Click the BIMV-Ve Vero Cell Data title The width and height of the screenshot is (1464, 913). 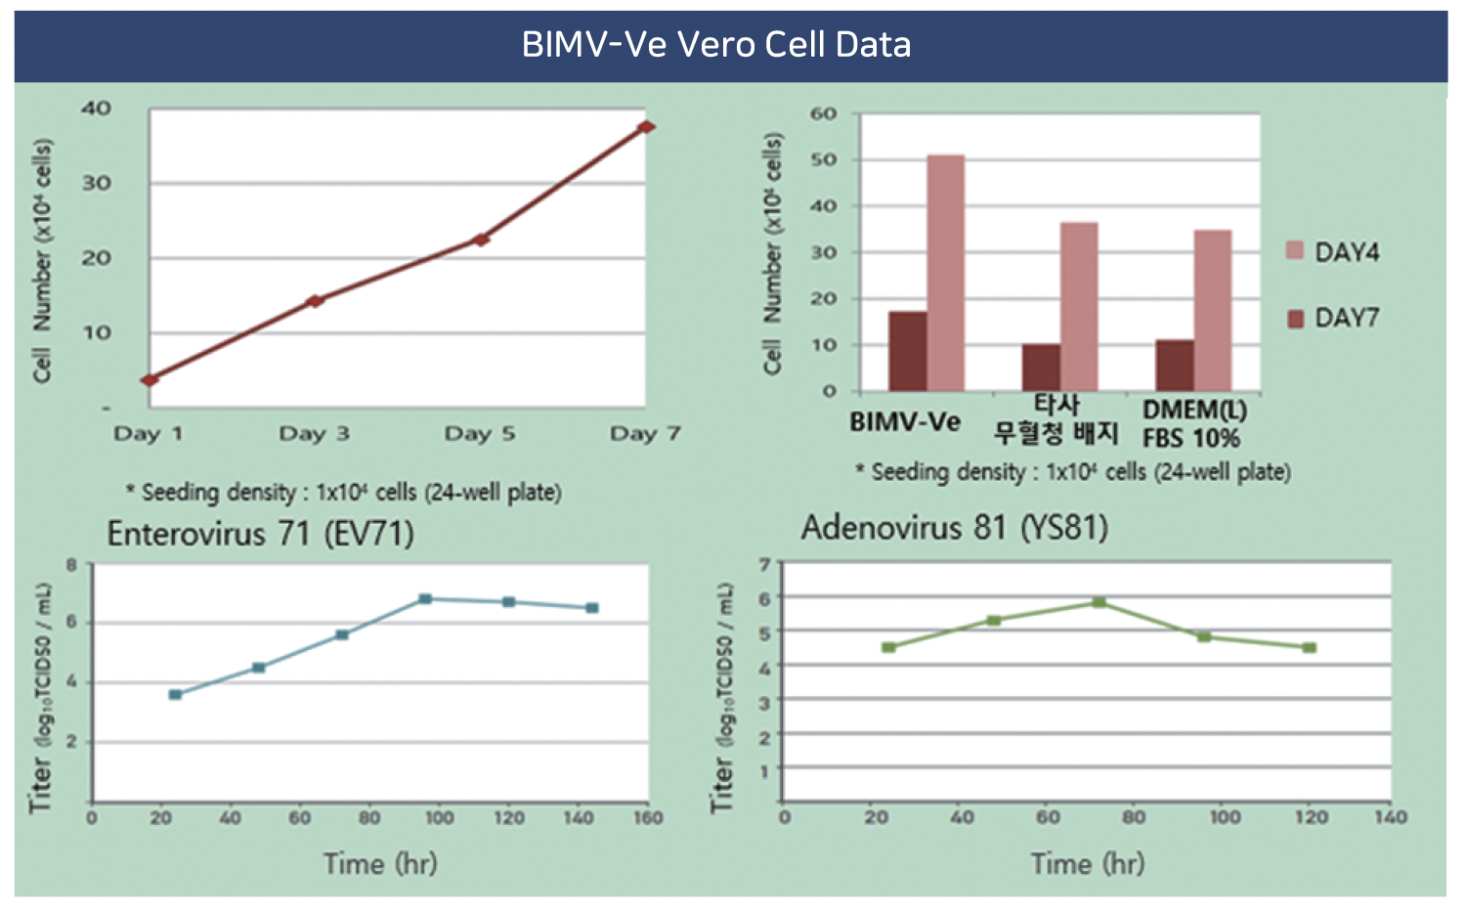[x=716, y=45]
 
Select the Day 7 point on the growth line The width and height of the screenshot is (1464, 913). [x=646, y=127]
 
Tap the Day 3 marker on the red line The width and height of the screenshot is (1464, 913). [x=315, y=301]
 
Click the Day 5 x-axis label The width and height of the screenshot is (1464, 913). [x=479, y=433]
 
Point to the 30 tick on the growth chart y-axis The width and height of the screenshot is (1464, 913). [x=96, y=183]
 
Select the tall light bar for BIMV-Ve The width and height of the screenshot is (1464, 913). [x=945, y=273]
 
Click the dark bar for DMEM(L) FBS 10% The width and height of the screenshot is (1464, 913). [x=1174, y=366]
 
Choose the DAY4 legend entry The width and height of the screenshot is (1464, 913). [x=1333, y=252]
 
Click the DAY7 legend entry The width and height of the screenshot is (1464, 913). [x=1333, y=318]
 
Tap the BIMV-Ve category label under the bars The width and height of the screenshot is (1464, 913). [x=905, y=422]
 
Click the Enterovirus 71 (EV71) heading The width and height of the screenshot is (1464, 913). [x=260, y=534]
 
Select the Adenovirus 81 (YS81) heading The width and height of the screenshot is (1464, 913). [x=954, y=528]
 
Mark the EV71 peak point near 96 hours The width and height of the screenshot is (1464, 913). [x=425, y=599]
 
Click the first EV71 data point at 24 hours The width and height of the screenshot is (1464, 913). [x=175, y=695]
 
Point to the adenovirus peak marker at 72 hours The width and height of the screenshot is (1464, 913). [x=1099, y=603]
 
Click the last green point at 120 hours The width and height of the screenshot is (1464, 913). [x=1310, y=648]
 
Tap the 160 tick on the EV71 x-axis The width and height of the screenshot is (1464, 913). [x=647, y=818]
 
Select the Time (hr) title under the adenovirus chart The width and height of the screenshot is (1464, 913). [x=1087, y=864]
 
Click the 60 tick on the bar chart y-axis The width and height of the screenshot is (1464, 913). [x=823, y=114]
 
